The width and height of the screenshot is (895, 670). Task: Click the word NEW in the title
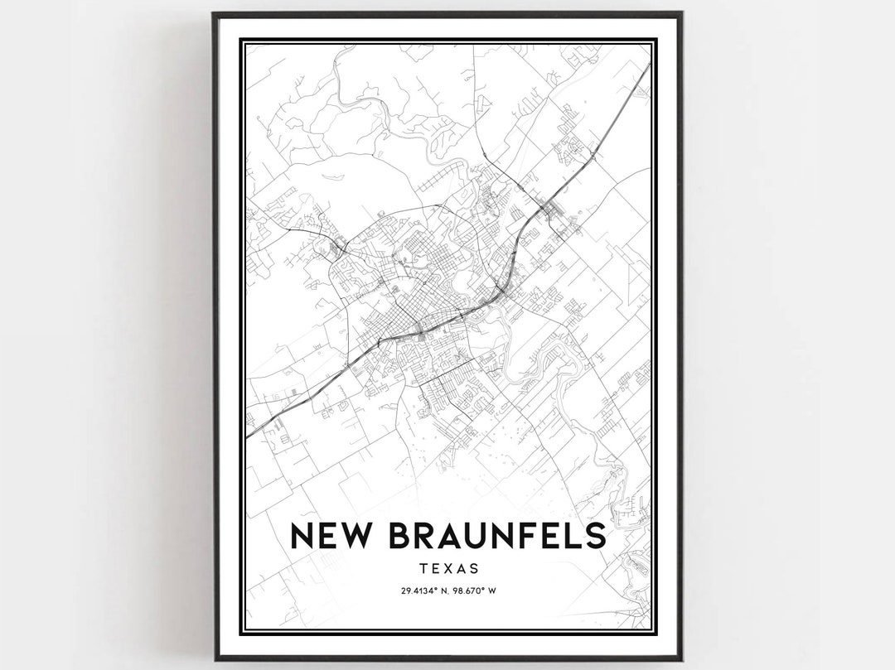click(x=328, y=536)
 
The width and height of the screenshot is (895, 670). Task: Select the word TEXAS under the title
click(x=447, y=569)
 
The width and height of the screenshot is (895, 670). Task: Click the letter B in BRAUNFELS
click(x=397, y=536)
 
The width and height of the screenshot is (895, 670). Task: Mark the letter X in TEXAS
click(x=447, y=569)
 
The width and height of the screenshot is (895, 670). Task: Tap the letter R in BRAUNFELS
click(x=423, y=536)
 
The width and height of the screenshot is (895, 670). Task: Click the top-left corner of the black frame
click(x=214, y=13)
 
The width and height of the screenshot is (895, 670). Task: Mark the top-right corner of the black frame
click(x=681, y=13)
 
